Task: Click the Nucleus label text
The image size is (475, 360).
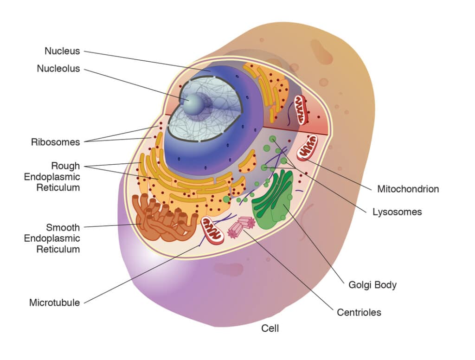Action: coord(62,51)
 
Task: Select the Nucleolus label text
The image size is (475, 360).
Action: coord(58,69)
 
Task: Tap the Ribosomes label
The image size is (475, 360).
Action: coord(56,142)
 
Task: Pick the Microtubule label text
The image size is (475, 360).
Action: coord(54,303)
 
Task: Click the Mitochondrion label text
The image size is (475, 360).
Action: coord(408,189)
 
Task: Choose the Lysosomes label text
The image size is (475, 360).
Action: coord(397,212)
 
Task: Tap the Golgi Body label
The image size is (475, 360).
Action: coord(372,284)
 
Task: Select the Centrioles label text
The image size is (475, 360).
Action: coord(359,312)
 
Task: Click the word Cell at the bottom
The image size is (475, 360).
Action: coord(270,328)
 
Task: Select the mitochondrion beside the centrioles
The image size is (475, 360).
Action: coord(212,229)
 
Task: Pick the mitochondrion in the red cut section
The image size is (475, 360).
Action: coord(302,109)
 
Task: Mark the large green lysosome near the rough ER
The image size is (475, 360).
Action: coord(226,199)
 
